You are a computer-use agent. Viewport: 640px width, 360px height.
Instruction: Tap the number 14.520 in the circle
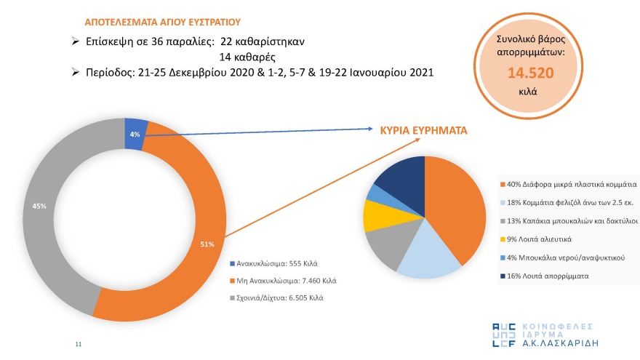point(531,73)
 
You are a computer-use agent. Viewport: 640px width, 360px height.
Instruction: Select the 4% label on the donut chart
point(135,134)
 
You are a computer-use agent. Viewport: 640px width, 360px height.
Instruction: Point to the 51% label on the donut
point(207,244)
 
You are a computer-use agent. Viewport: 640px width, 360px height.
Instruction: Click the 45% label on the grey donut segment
point(39,207)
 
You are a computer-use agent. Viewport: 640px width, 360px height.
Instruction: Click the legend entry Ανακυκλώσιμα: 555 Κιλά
point(277,263)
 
